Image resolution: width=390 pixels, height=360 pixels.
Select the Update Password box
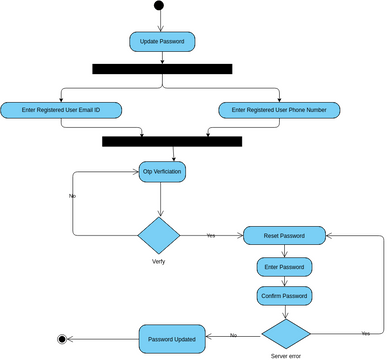tap(162, 42)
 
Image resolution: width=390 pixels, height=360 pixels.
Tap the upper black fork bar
tap(162, 69)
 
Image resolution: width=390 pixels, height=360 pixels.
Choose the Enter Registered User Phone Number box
tap(278, 109)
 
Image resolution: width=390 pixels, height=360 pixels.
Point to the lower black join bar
tap(172, 141)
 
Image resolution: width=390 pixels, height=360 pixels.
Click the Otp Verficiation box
tap(162, 172)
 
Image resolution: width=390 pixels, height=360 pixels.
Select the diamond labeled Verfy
tap(158, 235)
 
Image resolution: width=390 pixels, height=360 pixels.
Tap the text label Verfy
tap(158, 261)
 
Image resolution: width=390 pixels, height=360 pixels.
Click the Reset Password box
tap(285, 235)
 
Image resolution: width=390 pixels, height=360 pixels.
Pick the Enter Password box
tap(285, 267)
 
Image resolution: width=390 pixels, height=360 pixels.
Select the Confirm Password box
tap(285, 296)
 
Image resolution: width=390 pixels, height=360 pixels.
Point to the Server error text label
tap(286, 356)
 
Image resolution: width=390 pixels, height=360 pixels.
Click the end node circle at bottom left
tap(63, 339)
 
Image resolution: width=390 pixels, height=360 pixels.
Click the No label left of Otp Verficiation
tap(72, 196)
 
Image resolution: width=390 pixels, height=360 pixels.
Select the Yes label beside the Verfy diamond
tap(210, 235)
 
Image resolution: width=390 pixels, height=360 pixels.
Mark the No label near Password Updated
tap(233, 335)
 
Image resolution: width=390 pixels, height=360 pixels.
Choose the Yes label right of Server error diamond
tap(365, 332)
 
